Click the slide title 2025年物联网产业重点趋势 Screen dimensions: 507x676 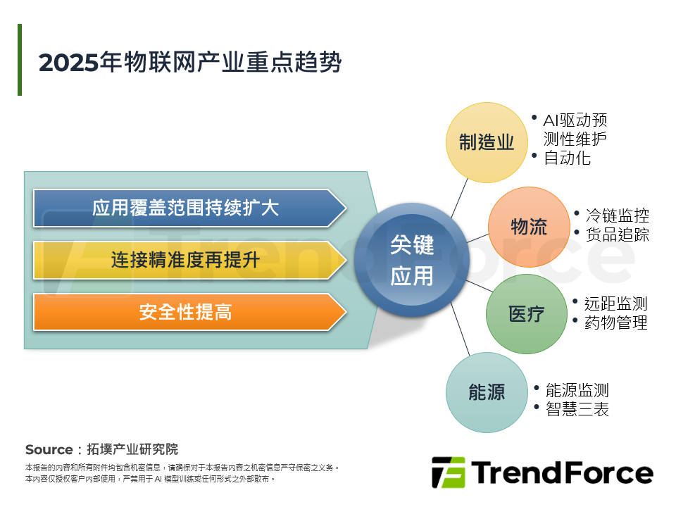coord(190,63)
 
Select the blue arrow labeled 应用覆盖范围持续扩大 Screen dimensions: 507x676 coord(186,208)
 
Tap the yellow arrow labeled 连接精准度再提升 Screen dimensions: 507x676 coord(186,260)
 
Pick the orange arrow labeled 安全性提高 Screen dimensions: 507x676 coord(186,312)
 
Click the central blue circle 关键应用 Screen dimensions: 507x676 coord(412,261)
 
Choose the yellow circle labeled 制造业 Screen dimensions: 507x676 coord(487,142)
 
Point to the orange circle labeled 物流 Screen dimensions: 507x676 coord(528,227)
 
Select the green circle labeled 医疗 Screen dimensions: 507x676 coord(526,314)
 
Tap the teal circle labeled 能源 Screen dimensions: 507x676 coord(487,392)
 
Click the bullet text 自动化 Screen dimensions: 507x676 coord(567,158)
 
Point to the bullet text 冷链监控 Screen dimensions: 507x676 coord(617,215)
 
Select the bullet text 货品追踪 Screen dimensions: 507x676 coord(617,234)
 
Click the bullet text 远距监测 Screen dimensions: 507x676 coord(615,303)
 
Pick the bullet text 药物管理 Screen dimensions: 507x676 coord(615,323)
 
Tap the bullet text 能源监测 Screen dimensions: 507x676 coord(577,390)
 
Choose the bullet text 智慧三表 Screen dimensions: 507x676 coord(577,409)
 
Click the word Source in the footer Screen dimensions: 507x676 coord(49,450)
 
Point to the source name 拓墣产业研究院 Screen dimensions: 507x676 coord(132,450)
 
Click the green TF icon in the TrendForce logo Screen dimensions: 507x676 coord(448,472)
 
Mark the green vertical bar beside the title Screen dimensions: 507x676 coord(20,60)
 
